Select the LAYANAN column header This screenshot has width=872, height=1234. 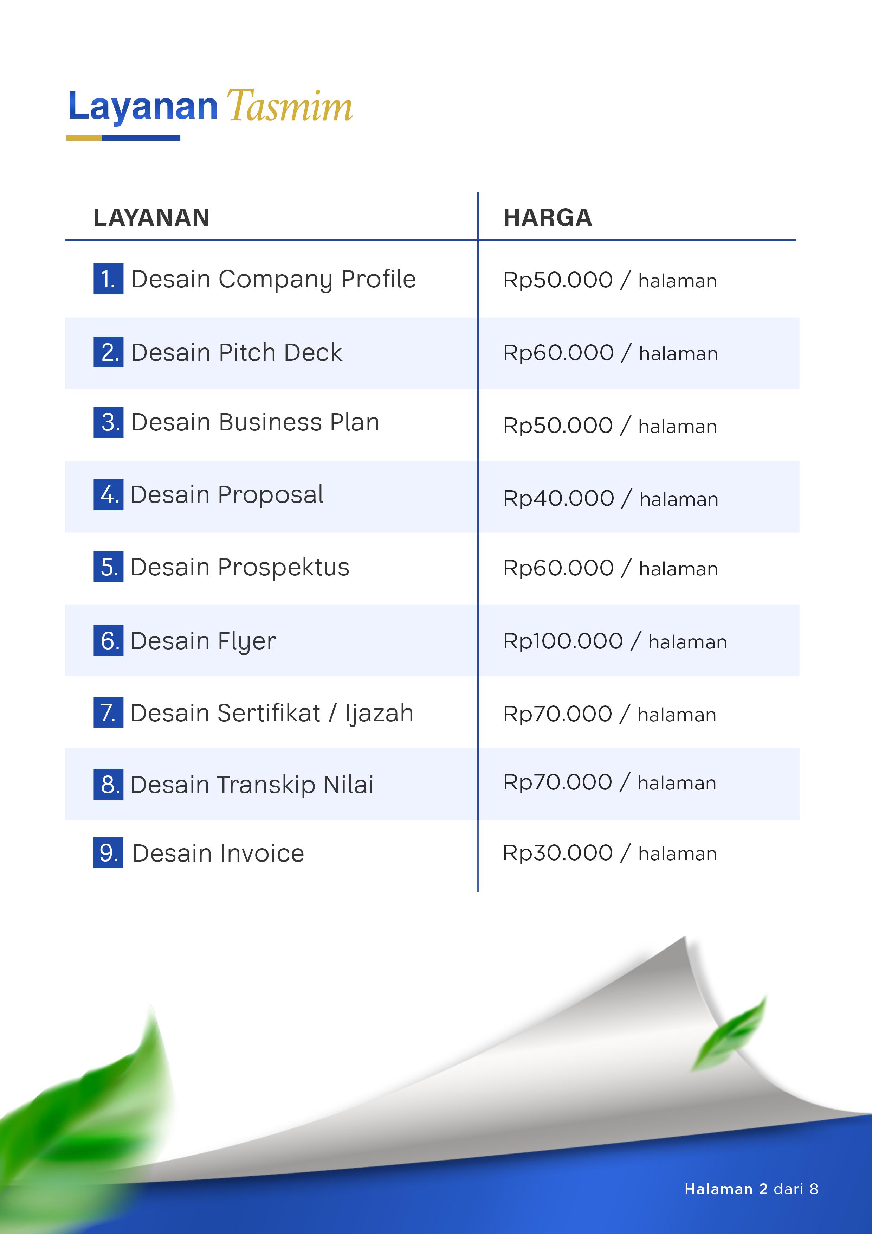point(151,218)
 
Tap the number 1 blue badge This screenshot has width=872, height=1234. point(108,279)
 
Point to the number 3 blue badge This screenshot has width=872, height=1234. point(108,422)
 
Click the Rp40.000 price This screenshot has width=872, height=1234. point(558,498)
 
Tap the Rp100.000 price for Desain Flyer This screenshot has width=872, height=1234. point(562,641)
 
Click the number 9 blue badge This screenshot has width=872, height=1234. point(108,853)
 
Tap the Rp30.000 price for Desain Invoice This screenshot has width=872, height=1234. point(557,853)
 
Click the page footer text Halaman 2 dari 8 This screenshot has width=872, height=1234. point(751,1189)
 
